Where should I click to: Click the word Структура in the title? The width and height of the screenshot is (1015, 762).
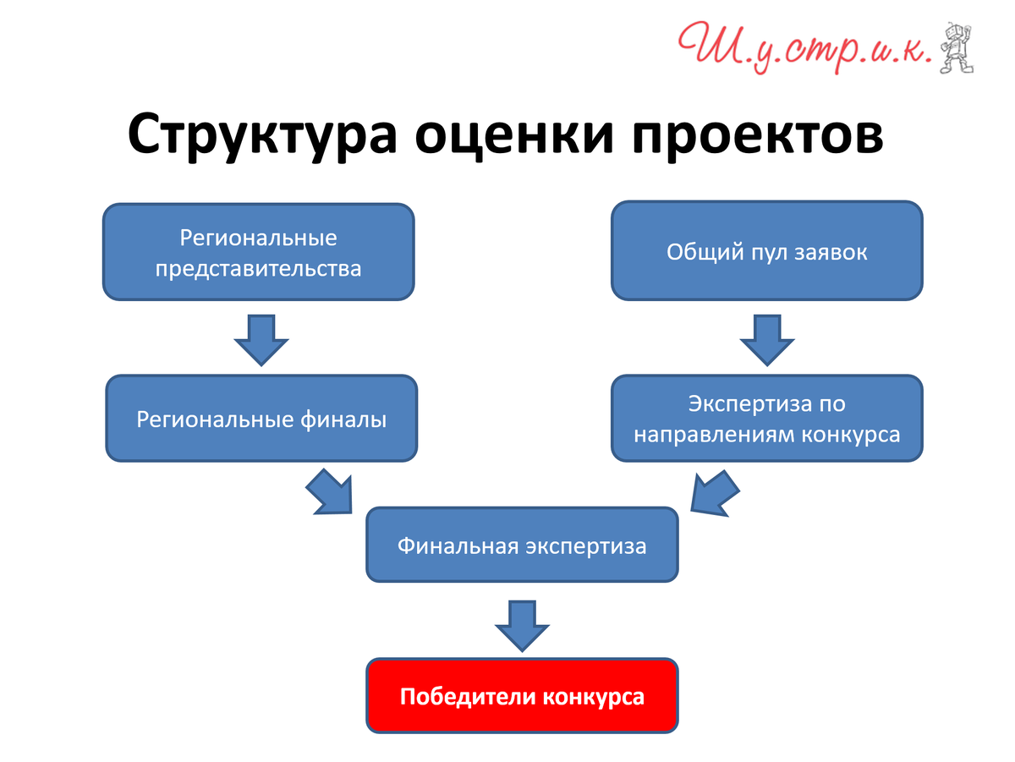tap(261, 136)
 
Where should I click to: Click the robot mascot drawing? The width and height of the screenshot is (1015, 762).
tap(957, 47)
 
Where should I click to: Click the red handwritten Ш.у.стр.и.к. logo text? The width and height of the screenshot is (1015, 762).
tap(805, 47)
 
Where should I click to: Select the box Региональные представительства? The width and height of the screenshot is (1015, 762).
tap(258, 251)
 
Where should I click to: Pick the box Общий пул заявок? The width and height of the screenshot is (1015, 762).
tap(766, 250)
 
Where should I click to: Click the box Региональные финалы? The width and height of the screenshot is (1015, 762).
tap(261, 418)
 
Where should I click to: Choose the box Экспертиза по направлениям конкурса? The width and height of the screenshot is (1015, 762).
tap(766, 418)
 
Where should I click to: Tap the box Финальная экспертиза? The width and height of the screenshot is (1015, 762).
tap(522, 545)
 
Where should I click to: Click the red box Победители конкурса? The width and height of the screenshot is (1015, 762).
tap(522, 696)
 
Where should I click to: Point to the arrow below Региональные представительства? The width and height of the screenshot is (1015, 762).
tap(261, 340)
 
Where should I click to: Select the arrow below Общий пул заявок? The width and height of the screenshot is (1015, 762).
tap(767, 340)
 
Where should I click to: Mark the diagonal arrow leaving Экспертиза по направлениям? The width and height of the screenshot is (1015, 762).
tap(714, 494)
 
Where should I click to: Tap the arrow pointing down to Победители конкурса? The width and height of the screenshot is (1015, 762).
tap(522, 626)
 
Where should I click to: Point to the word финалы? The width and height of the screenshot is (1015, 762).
tap(343, 419)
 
